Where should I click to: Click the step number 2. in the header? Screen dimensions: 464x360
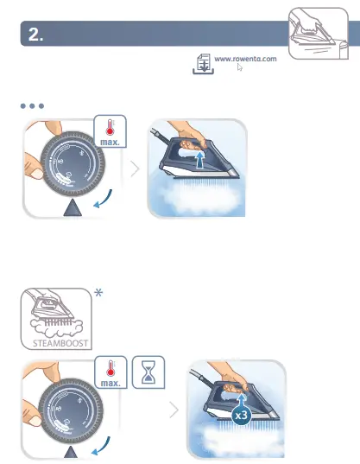pyautogui.click(x=35, y=35)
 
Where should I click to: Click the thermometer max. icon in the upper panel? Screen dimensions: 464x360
pyautogui.click(x=112, y=131)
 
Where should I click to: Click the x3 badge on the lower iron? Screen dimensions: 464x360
pyautogui.click(x=244, y=416)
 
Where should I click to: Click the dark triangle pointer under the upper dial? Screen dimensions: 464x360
pyautogui.click(x=74, y=207)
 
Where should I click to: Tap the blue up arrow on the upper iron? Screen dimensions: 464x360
pyautogui.click(x=200, y=161)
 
